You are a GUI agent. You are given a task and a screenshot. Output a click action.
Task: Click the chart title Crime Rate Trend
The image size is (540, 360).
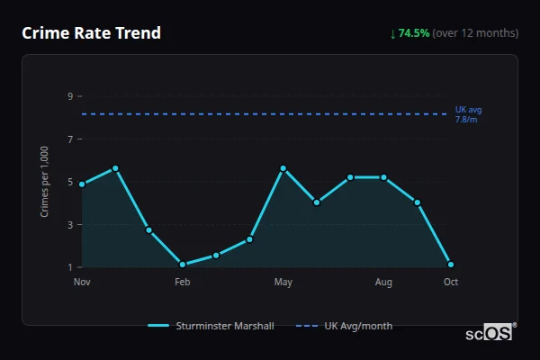pyautogui.click(x=91, y=33)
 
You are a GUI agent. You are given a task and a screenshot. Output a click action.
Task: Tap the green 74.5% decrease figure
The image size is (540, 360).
pyautogui.click(x=414, y=33)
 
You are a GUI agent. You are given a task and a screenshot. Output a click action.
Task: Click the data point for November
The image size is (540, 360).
pyautogui.click(x=82, y=184)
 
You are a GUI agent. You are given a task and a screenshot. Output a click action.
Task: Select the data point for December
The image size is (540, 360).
pyautogui.click(x=115, y=168)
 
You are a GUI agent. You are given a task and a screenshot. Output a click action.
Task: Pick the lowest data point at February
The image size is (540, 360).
pyautogui.click(x=183, y=265)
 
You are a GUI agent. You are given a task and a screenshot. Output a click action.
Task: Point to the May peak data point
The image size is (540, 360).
pyautogui.click(x=283, y=168)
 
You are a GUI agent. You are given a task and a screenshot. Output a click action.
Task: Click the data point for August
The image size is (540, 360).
pyautogui.click(x=384, y=177)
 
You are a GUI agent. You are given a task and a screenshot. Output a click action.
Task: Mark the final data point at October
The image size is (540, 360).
pyautogui.click(x=451, y=265)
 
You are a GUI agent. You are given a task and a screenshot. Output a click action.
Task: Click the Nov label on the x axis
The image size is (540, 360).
pyautogui.click(x=82, y=282)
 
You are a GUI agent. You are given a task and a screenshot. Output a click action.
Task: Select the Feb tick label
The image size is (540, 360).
pyautogui.click(x=183, y=282)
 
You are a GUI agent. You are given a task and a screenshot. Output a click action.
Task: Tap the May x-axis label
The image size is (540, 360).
pyautogui.click(x=283, y=282)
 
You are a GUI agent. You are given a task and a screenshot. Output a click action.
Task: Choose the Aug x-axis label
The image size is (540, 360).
pyautogui.click(x=384, y=282)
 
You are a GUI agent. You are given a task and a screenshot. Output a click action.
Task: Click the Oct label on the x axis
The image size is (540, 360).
pyautogui.click(x=451, y=282)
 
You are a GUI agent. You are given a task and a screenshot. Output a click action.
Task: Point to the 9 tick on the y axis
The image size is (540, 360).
pyautogui.click(x=69, y=96)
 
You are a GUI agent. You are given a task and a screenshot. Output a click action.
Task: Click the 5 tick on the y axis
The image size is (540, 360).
pyautogui.click(x=69, y=182)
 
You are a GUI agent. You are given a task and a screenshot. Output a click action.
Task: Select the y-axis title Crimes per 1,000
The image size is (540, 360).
pyautogui.click(x=45, y=182)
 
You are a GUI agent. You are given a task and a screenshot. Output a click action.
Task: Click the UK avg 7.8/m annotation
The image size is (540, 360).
pyautogui.click(x=468, y=114)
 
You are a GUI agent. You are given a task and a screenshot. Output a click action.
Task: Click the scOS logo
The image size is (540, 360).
pyautogui.click(x=489, y=333)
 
